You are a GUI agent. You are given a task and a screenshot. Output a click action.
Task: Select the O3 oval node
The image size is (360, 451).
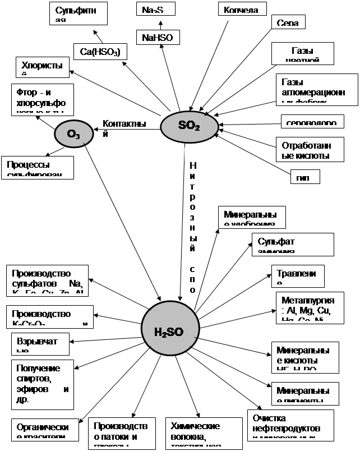click(73, 134)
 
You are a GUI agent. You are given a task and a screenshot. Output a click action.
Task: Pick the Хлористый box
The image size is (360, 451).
click(42, 67)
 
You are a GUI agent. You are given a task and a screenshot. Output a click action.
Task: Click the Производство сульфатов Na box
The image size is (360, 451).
click(49, 280)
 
